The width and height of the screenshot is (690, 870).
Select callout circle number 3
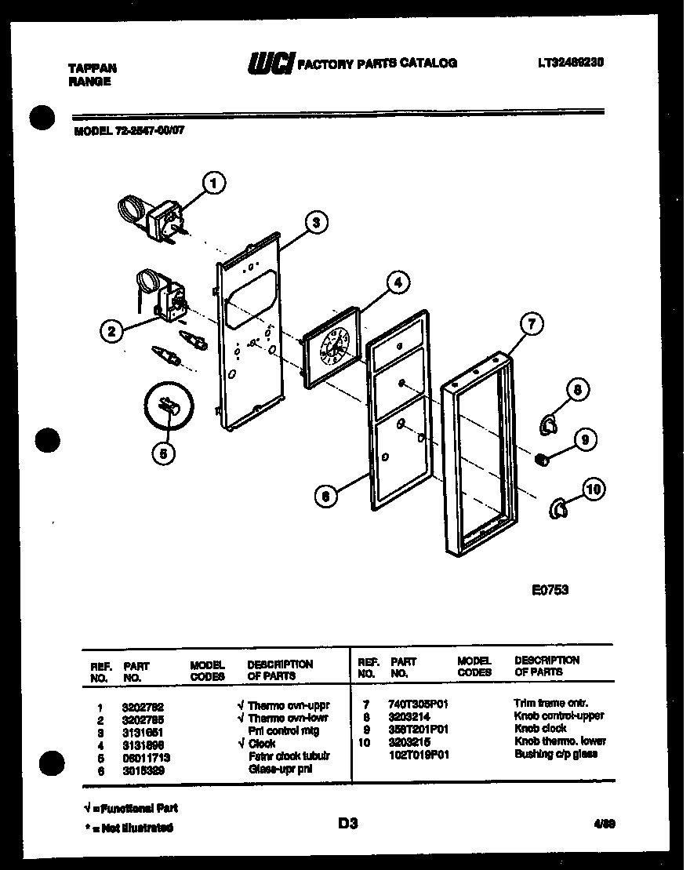click(315, 223)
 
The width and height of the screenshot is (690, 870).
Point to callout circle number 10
click(594, 490)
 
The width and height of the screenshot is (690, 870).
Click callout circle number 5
click(163, 452)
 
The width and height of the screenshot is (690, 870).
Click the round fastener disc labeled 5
click(168, 406)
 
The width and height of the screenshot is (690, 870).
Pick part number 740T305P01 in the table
click(418, 704)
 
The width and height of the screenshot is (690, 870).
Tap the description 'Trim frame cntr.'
click(550, 704)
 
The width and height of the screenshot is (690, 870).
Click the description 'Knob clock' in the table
click(540, 729)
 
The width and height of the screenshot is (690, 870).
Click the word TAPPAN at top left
click(87, 69)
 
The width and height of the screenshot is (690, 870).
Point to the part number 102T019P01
click(418, 754)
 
